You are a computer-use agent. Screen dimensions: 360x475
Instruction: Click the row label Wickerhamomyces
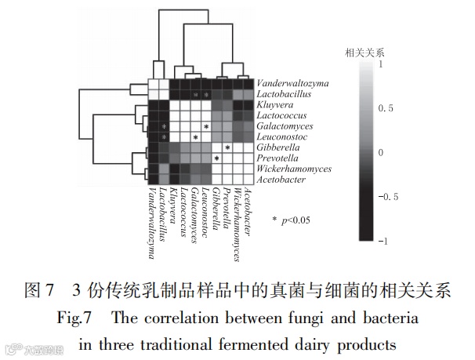click(294, 169)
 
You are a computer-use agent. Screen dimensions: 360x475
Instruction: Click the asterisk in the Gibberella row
click(227, 147)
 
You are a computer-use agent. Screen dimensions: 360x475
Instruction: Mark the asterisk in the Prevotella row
click(216, 158)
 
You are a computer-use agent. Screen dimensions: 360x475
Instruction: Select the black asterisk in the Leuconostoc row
click(194, 137)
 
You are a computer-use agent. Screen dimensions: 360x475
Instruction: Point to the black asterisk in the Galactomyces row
click(205, 126)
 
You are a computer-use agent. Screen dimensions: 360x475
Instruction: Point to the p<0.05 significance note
click(291, 220)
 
